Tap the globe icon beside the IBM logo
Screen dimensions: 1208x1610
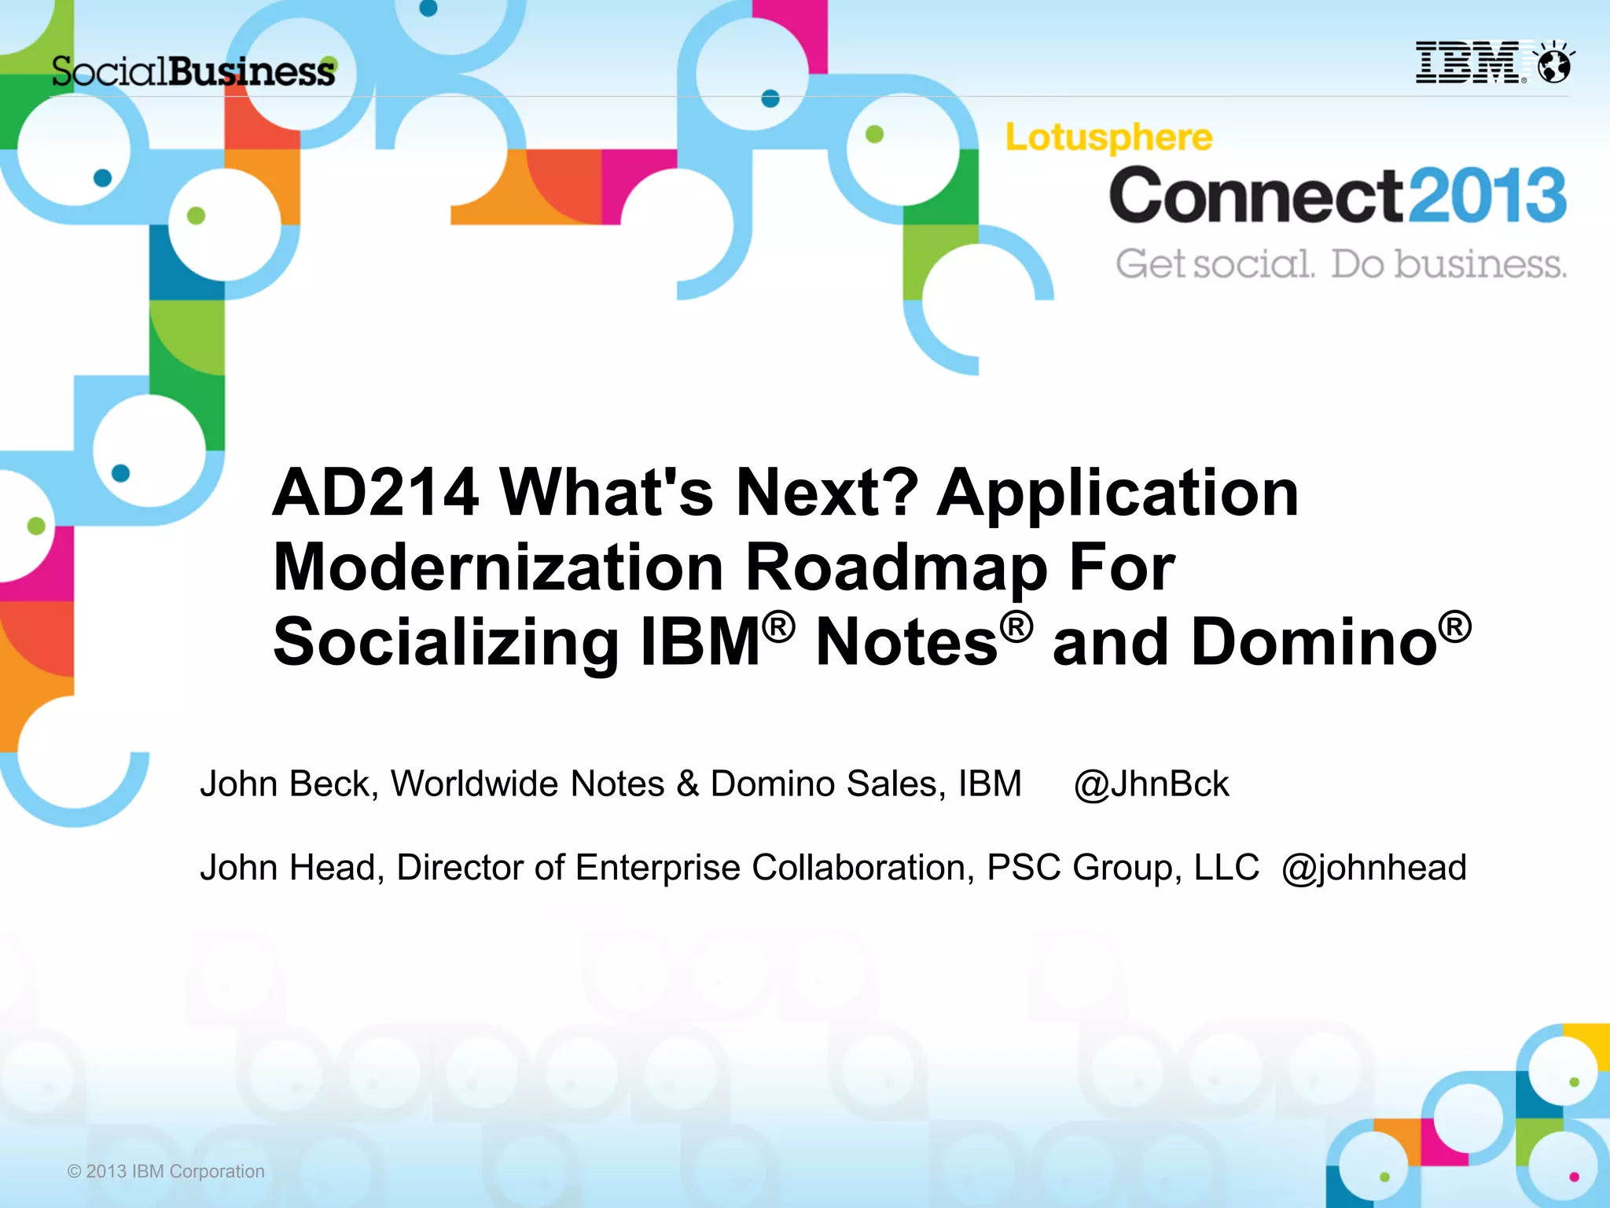pos(1554,64)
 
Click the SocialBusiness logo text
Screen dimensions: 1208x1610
pos(193,72)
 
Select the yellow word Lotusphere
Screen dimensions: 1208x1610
pos(1108,138)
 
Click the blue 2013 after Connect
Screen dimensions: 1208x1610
pos(1487,196)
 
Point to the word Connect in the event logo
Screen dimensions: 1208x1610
pos(1255,196)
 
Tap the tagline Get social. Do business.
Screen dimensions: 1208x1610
pos(1340,264)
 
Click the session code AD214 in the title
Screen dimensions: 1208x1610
pos(375,493)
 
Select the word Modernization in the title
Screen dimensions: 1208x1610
pos(498,567)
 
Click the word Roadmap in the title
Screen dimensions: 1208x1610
pos(896,567)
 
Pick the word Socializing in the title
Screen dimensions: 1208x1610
pos(446,642)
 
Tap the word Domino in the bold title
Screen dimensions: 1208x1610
pos(1314,642)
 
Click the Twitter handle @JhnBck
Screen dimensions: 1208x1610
pos(1151,784)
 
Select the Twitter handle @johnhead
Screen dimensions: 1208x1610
pos(1373,868)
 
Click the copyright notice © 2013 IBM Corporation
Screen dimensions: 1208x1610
pos(166,1171)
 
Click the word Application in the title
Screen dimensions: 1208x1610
pos(1117,493)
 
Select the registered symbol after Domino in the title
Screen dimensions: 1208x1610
pos(1455,626)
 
